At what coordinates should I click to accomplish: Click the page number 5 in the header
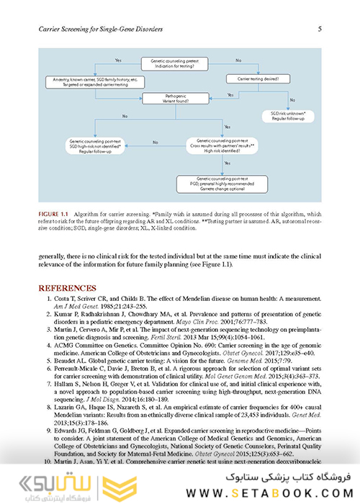coord(319,29)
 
